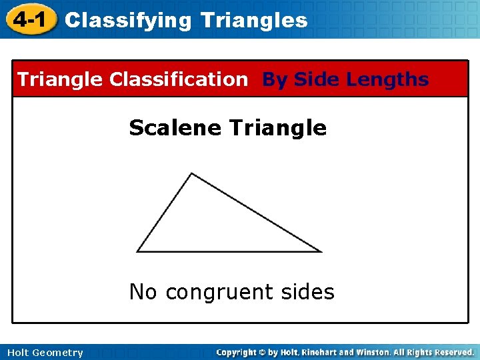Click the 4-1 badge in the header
(x=29, y=19)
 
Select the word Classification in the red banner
(x=178, y=79)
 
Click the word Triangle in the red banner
(x=61, y=79)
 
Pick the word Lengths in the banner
(x=388, y=79)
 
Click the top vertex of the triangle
(x=191, y=174)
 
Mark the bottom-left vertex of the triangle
(x=137, y=251)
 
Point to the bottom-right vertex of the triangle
(x=321, y=251)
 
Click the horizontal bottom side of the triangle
(x=229, y=251)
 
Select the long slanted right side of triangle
(x=256, y=213)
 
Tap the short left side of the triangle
(x=164, y=213)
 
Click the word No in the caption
(x=143, y=292)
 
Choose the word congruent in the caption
(x=219, y=293)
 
